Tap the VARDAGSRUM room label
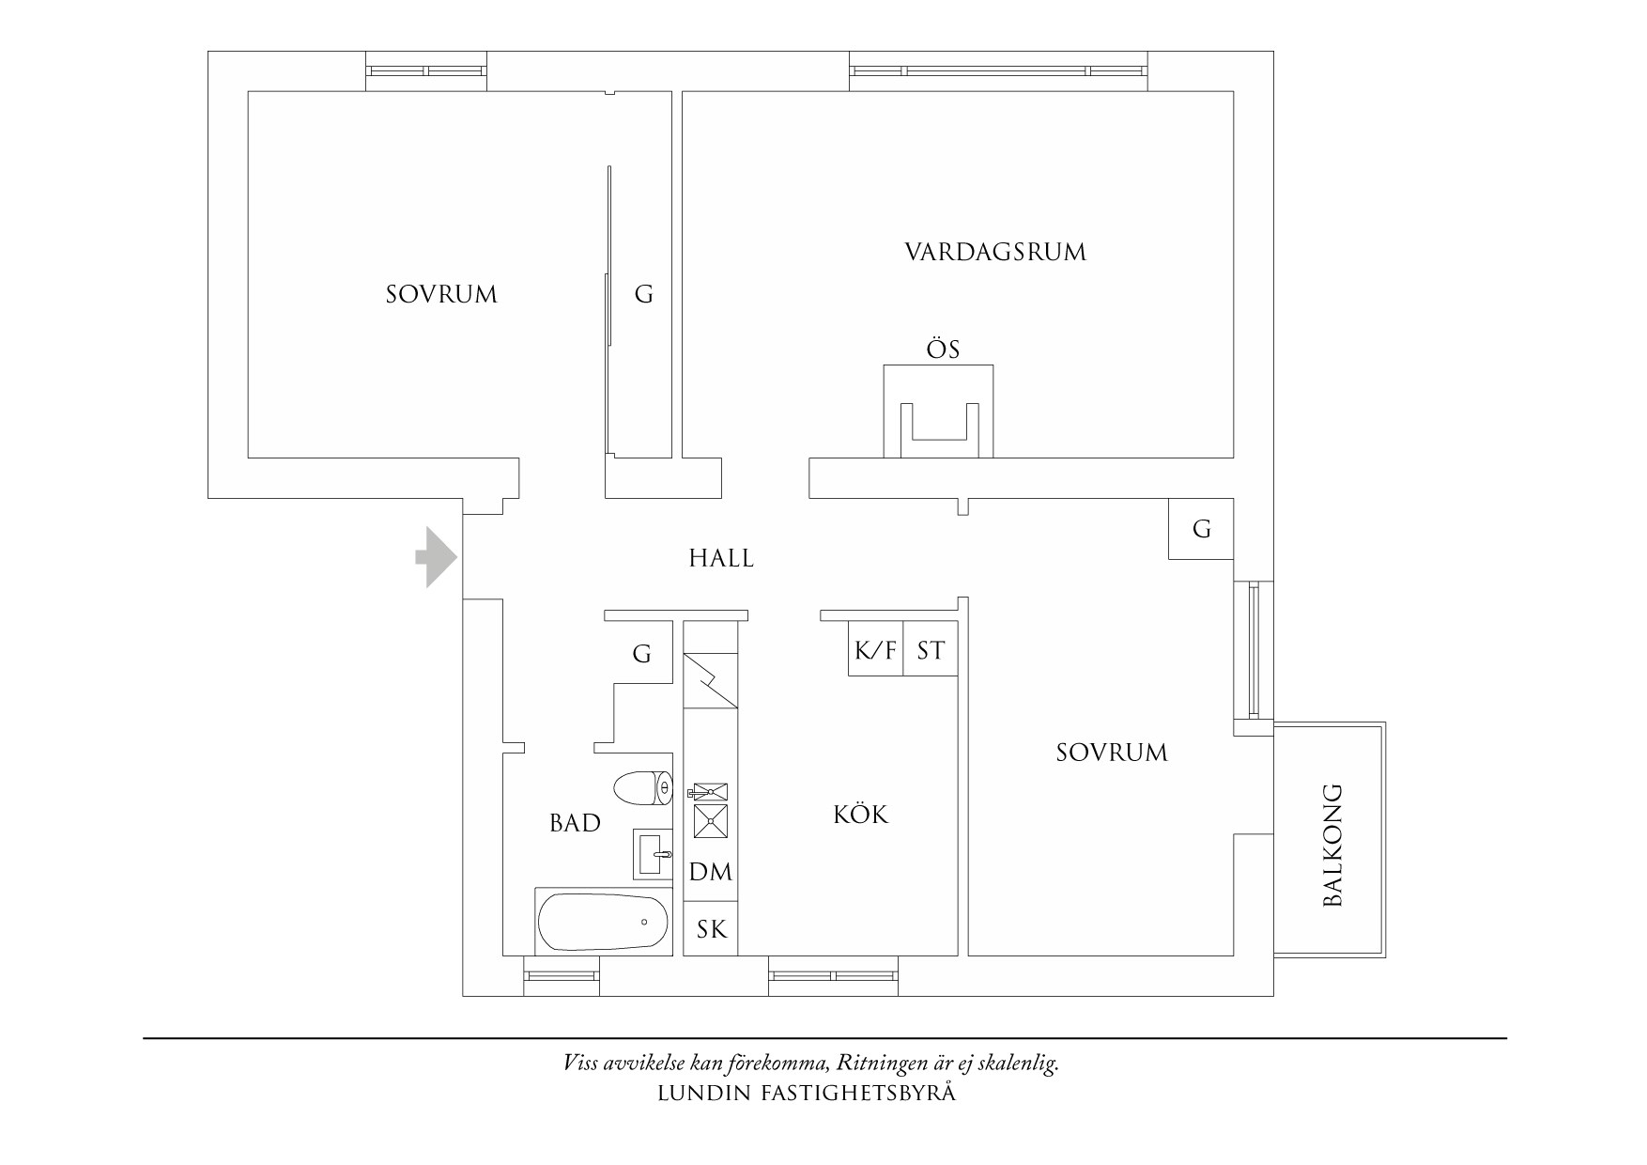(x=995, y=253)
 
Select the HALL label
(x=721, y=559)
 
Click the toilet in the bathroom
(x=643, y=787)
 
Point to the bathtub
(x=604, y=922)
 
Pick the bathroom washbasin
(x=654, y=854)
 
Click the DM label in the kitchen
(x=711, y=873)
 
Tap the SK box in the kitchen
(x=711, y=929)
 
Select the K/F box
(x=875, y=650)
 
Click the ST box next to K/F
(x=930, y=650)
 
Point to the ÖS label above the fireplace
(x=943, y=349)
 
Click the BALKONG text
(x=1332, y=845)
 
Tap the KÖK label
(x=860, y=815)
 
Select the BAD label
(x=575, y=824)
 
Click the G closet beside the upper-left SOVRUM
(x=643, y=295)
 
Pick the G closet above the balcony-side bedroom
(x=1201, y=529)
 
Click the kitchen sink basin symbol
(x=710, y=820)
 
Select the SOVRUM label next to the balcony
(x=1112, y=753)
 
